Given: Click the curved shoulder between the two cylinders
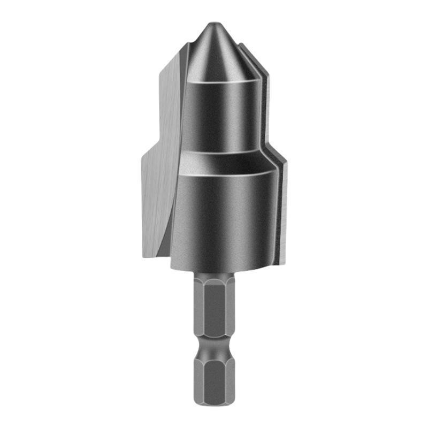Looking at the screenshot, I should pos(225,160).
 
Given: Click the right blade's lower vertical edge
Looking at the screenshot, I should pos(284,214).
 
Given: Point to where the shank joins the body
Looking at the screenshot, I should pos(214,274).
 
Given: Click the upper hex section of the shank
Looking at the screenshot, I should pos(214,305).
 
